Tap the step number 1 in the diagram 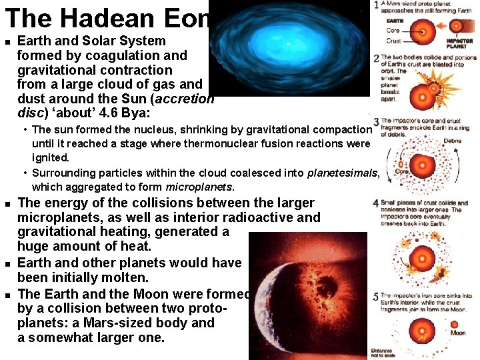tap(377, 5)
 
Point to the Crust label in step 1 tap(393, 41)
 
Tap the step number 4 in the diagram tap(377, 202)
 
